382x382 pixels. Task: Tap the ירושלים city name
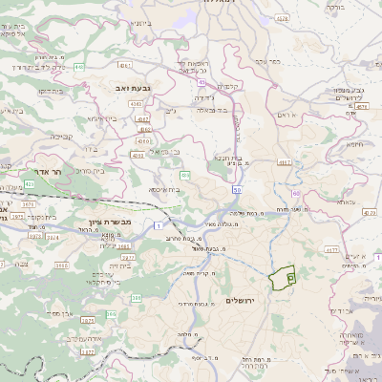244,300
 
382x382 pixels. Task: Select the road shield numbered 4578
279,18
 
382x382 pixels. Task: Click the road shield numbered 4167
285,162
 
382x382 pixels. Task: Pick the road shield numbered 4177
330,250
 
